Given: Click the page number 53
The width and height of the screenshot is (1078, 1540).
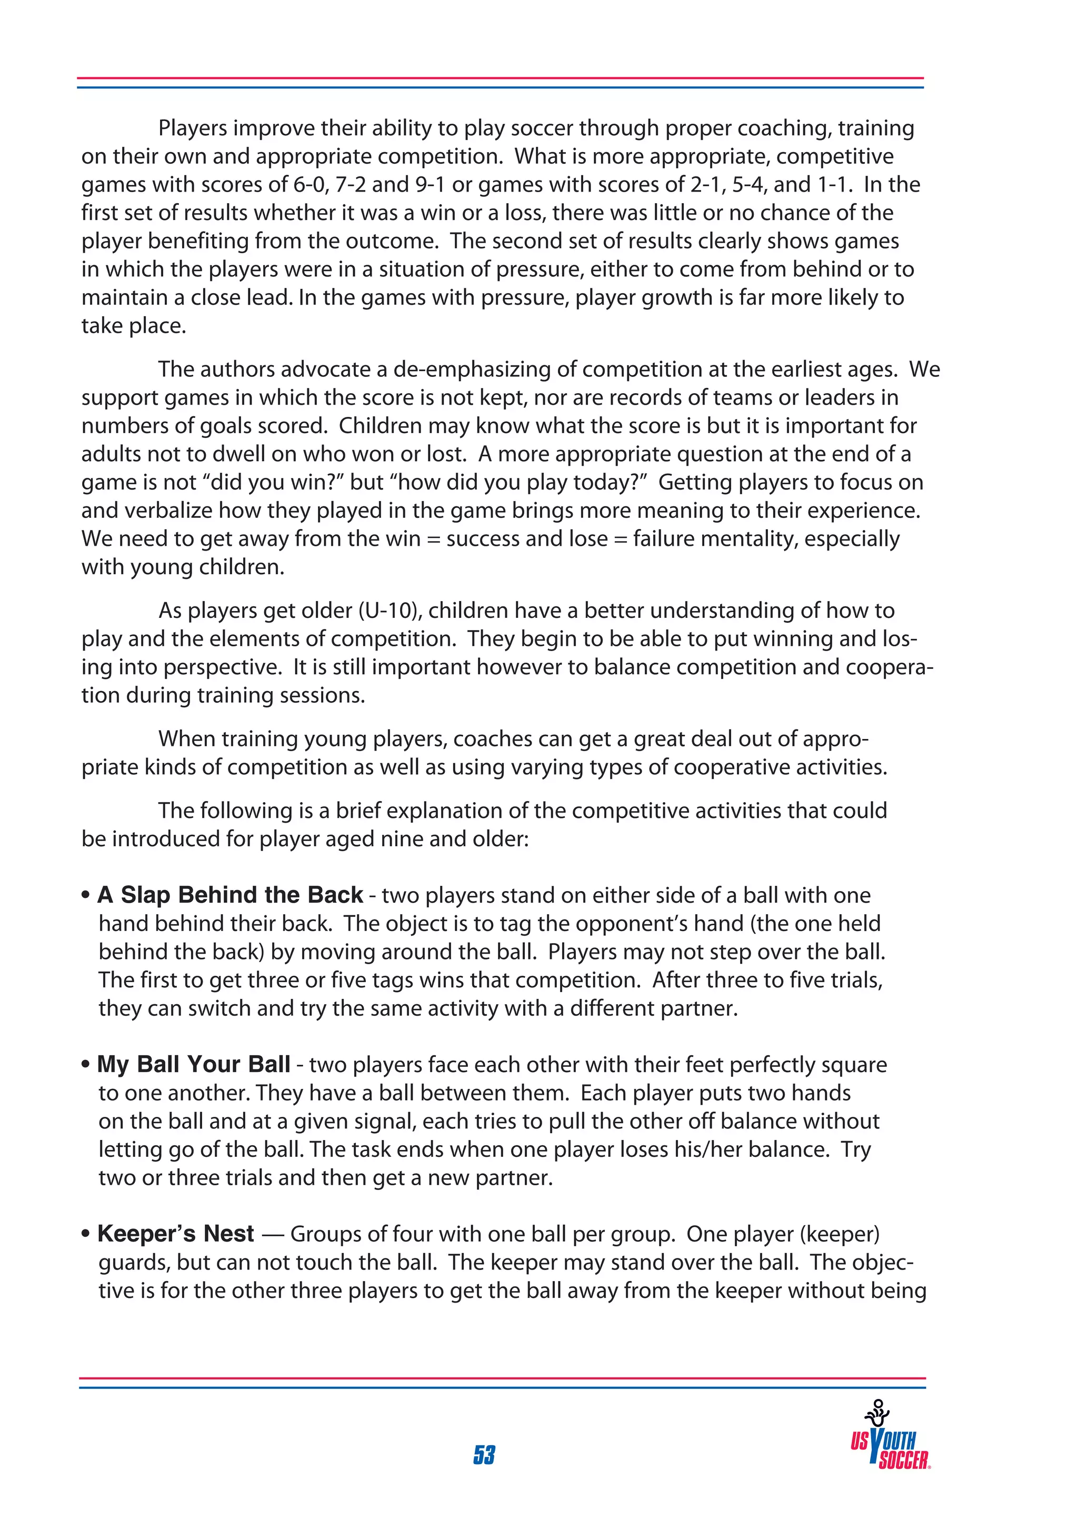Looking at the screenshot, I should (x=484, y=1454).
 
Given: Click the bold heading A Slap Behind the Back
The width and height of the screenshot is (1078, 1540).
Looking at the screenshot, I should (x=230, y=895).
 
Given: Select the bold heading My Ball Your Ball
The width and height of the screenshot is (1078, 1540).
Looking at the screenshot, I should (x=194, y=1064).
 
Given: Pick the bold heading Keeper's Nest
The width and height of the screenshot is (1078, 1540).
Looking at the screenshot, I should (x=176, y=1234).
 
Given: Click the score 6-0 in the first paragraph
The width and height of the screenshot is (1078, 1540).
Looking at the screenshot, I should (x=311, y=184).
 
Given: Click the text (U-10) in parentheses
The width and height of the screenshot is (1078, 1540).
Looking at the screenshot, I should (x=389, y=611).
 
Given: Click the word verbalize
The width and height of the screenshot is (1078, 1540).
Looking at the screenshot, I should (x=171, y=511).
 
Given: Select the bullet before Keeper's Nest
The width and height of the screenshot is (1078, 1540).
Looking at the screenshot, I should (x=86, y=1234).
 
